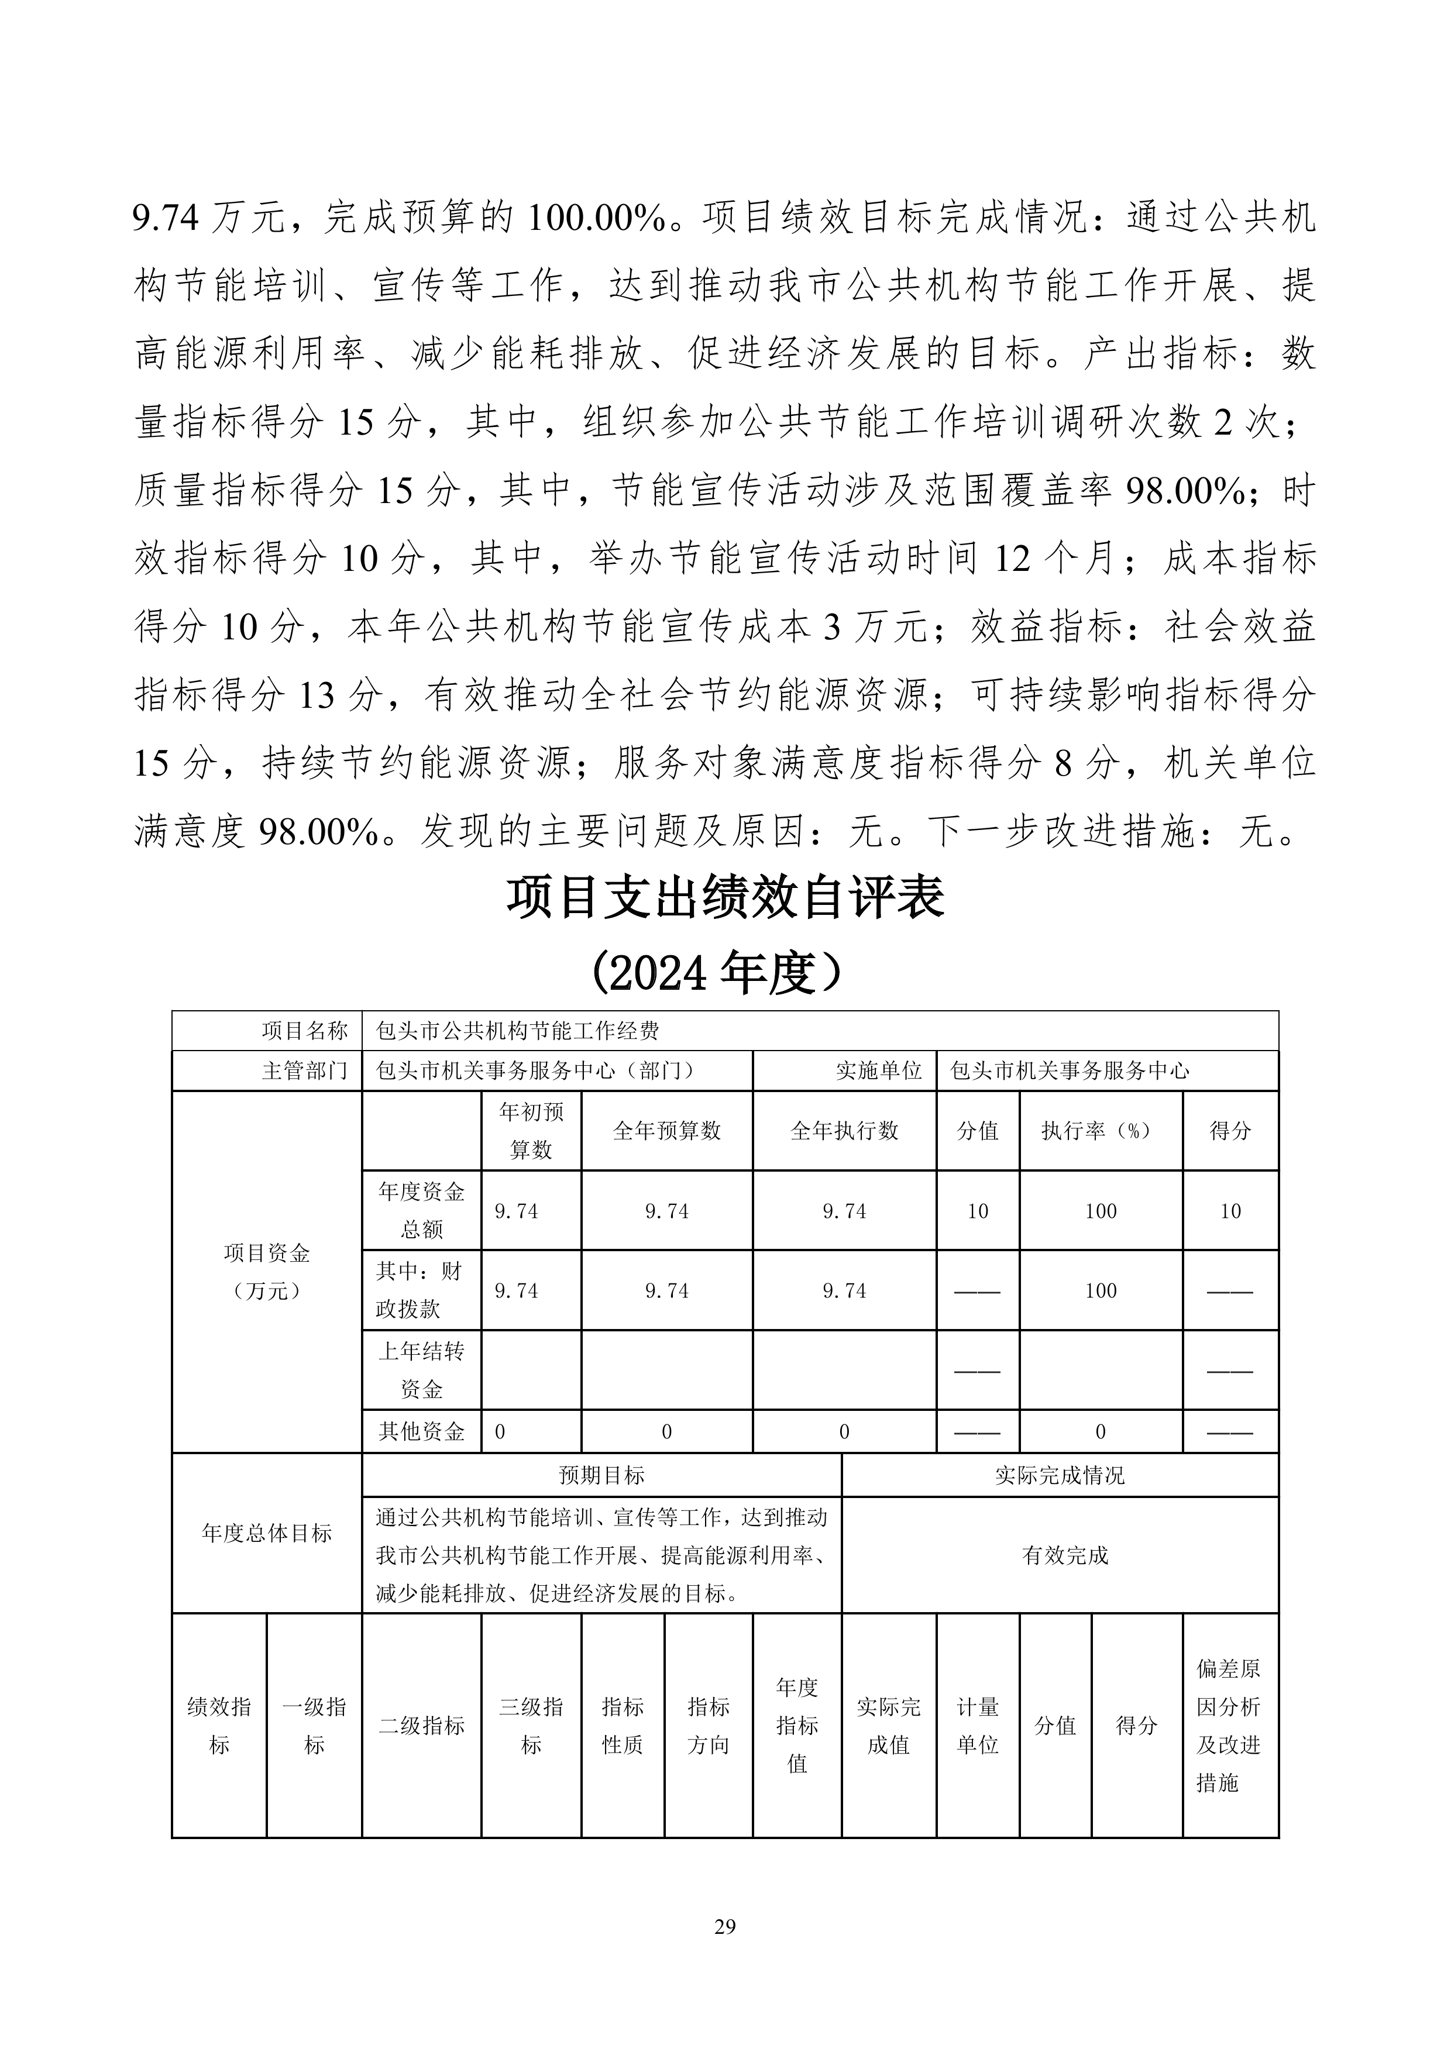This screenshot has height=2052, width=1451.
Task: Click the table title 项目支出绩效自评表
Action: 725,897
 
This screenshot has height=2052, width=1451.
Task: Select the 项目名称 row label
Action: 304,1031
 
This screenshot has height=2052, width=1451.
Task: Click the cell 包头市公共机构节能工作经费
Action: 518,1031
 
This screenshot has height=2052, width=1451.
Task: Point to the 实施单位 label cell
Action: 878,1070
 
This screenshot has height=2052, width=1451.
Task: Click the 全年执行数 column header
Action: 844,1131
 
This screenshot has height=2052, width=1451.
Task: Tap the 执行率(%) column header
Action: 1101,1131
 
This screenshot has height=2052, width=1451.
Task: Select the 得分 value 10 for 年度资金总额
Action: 1230,1211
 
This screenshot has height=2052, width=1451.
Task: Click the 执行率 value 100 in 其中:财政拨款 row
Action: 1101,1290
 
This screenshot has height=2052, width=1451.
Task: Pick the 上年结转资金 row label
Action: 421,1370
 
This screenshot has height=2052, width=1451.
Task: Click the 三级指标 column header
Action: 531,1726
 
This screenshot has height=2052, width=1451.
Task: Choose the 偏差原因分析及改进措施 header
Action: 1229,1726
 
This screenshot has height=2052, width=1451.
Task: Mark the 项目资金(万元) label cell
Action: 266,1272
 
